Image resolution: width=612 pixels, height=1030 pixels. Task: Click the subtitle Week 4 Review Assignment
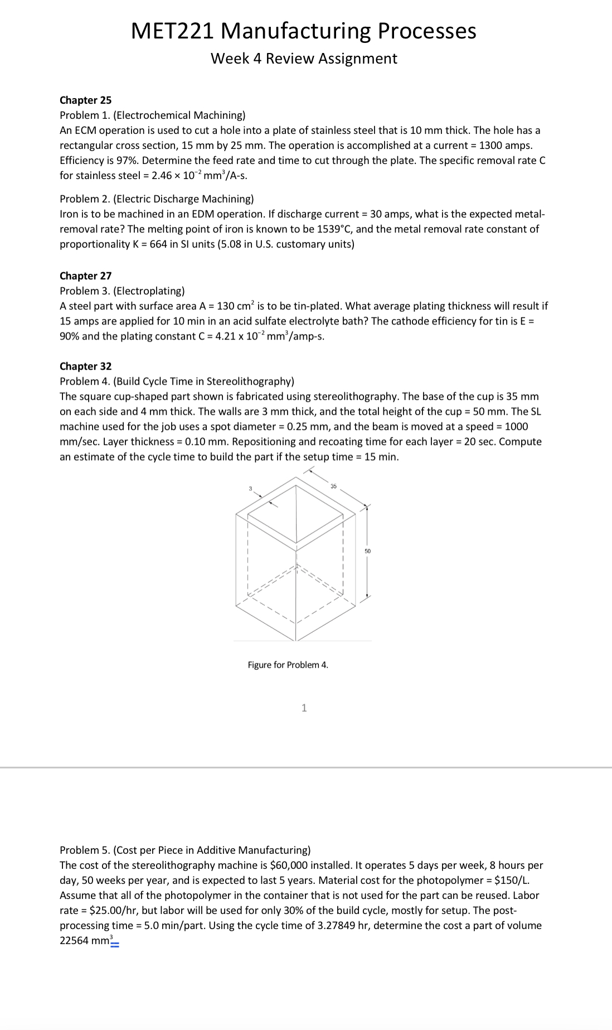(x=304, y=59)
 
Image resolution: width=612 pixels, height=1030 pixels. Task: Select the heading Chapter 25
(x=85, y=100)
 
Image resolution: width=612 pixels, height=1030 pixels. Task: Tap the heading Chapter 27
(x=85, y=276)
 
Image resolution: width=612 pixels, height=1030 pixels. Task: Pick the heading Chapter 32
(x=85, y=366)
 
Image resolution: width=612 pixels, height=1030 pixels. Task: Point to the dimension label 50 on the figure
(x=367, y=551)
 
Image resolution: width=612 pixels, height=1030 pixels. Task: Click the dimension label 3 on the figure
(x=250, y=489)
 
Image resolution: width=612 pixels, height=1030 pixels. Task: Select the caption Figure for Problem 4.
(x=288, y=665)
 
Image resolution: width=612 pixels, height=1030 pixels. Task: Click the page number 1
(x=304, y=708)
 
